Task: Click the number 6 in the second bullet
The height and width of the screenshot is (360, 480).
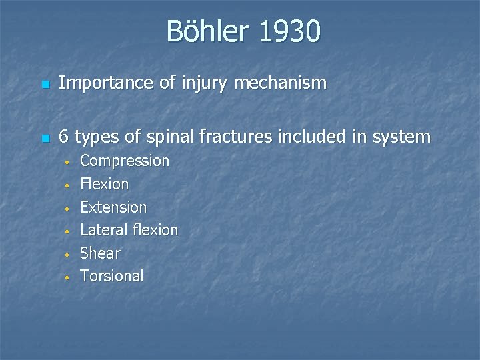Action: coord(64,137)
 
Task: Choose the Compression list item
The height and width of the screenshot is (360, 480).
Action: coord(125,161)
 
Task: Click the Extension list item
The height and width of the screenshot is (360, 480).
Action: coord(113,207)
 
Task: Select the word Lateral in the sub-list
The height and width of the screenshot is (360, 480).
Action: coord(103,230)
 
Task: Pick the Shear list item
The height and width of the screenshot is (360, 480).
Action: coord(100,253)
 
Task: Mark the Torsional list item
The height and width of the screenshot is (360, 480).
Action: coord(111,276)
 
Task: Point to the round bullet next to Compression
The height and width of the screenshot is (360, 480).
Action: coord(66,162)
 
